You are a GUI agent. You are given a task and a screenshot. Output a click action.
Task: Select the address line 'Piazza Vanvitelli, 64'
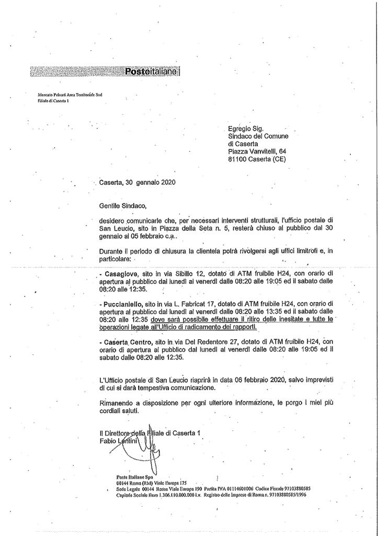tap(257, 152)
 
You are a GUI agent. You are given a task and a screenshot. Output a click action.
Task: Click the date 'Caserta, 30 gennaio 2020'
tap(137, 183)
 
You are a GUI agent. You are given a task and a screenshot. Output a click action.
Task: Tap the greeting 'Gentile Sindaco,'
tap(119, 206)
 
